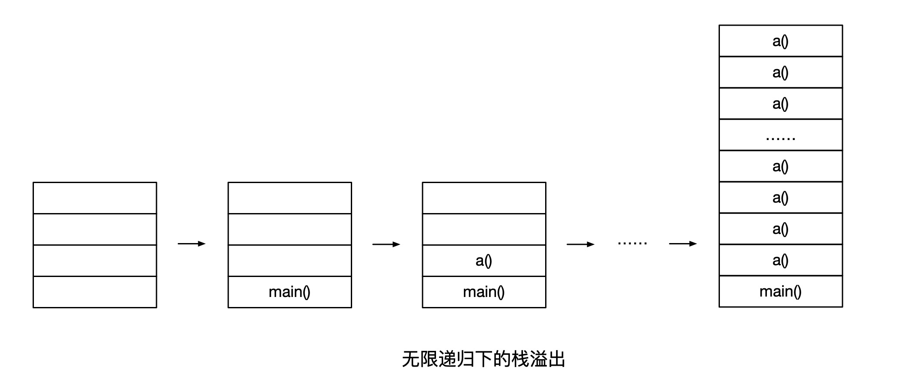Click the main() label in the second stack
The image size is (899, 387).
pos(290,292)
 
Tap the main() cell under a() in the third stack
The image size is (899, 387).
pos(484,292)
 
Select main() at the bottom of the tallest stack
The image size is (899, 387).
pos(780,291)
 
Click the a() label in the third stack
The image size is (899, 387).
pos(484,260)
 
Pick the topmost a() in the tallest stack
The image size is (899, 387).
pos(780,41)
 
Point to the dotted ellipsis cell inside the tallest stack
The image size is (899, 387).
pos(780,135)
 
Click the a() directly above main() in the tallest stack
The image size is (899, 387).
pos(780,260)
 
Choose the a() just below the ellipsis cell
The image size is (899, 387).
pos(780,166)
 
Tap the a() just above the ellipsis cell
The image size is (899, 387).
pos(780,103)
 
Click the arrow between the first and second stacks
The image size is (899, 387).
pos(192,244)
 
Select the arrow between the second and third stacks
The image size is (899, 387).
pos(386,244)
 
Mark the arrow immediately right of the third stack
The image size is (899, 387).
pos(580,244)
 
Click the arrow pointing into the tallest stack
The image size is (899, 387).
pos(683,244)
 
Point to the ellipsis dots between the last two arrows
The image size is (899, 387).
pos(633,243)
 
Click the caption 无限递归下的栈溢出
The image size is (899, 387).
pos(483,359)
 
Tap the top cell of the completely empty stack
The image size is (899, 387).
pos(95,198)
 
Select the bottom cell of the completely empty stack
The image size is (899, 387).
pos(95,292)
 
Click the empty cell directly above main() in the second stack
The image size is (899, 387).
pos(290,260)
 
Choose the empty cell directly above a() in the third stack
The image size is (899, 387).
pos(484,229)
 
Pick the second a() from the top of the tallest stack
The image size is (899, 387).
pos(780,72)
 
